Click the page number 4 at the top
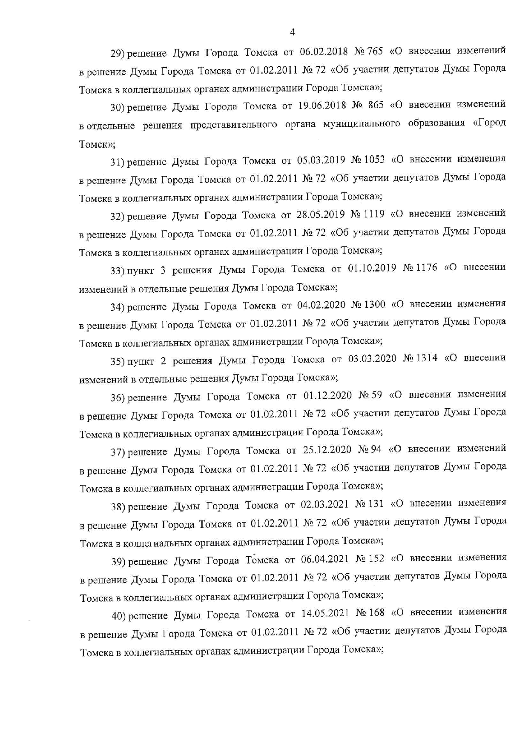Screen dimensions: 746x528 coord(292,32)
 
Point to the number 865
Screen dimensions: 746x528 coord(375,105)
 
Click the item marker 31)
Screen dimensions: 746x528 coord(117,162)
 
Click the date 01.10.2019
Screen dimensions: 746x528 coord(372,269)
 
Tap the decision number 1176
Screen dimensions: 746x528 coord(426,268)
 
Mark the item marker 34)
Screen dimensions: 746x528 coord(117,307)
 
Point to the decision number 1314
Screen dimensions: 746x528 coord(427,358)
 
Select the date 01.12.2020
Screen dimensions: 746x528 coord(327,396)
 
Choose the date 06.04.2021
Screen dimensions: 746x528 coord(325,559)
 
